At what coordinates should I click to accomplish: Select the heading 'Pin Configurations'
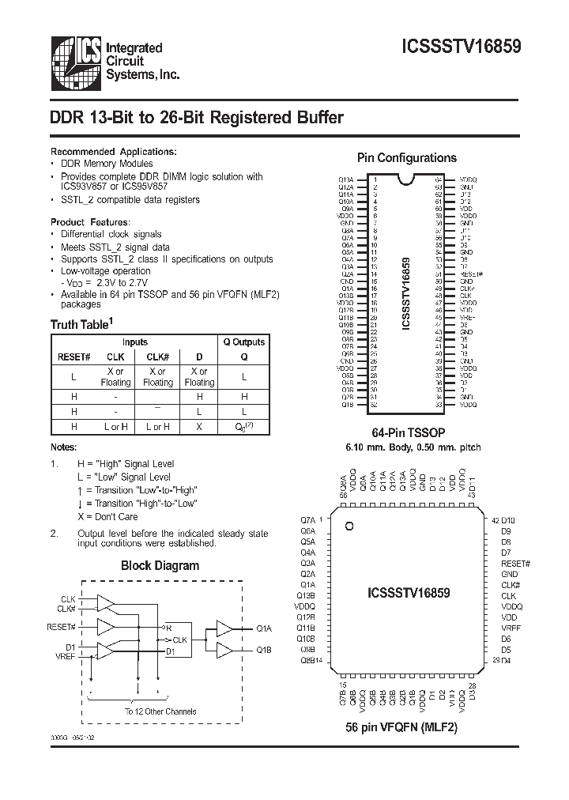[407, 158]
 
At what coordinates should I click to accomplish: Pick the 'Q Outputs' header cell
[244, 342]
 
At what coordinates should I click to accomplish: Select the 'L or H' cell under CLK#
[157, 427]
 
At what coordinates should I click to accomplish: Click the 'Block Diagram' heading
[160, 565]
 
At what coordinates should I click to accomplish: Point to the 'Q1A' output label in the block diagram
[264, 628]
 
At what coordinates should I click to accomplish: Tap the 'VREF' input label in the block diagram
[66, 656]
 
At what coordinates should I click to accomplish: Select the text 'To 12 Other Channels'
[160, 711]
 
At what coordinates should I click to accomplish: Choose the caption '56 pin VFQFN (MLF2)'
[401, 726]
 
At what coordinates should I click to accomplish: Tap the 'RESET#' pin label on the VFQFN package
[515, 564]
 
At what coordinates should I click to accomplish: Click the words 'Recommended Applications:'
[114, 151]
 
